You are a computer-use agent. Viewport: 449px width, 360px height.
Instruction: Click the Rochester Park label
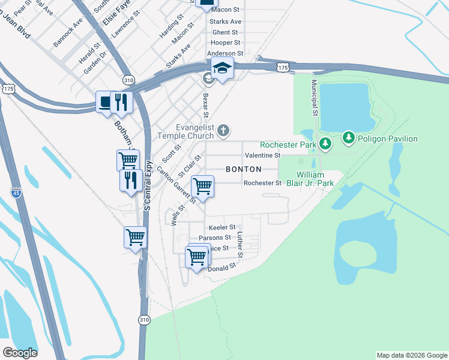[288, 145]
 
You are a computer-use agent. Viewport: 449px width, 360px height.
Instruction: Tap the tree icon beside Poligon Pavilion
[349, 139]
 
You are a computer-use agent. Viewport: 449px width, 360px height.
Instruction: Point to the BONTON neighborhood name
[244, 169]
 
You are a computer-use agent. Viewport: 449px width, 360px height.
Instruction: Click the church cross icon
[223, 130]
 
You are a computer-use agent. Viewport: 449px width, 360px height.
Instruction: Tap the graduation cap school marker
[221, 68]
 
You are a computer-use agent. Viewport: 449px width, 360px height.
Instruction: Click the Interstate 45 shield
[17, 193]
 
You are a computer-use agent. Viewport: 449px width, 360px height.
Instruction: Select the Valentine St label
[263, 155]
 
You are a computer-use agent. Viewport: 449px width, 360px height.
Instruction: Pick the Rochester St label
[262, 183]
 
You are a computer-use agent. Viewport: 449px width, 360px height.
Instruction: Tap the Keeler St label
[221, 228]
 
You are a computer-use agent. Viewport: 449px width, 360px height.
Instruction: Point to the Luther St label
[240, 245]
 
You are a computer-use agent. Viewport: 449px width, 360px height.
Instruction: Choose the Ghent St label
[225, 32]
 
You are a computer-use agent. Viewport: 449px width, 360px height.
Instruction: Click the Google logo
[20, 353]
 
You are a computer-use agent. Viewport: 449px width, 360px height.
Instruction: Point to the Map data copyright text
[411, 355]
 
